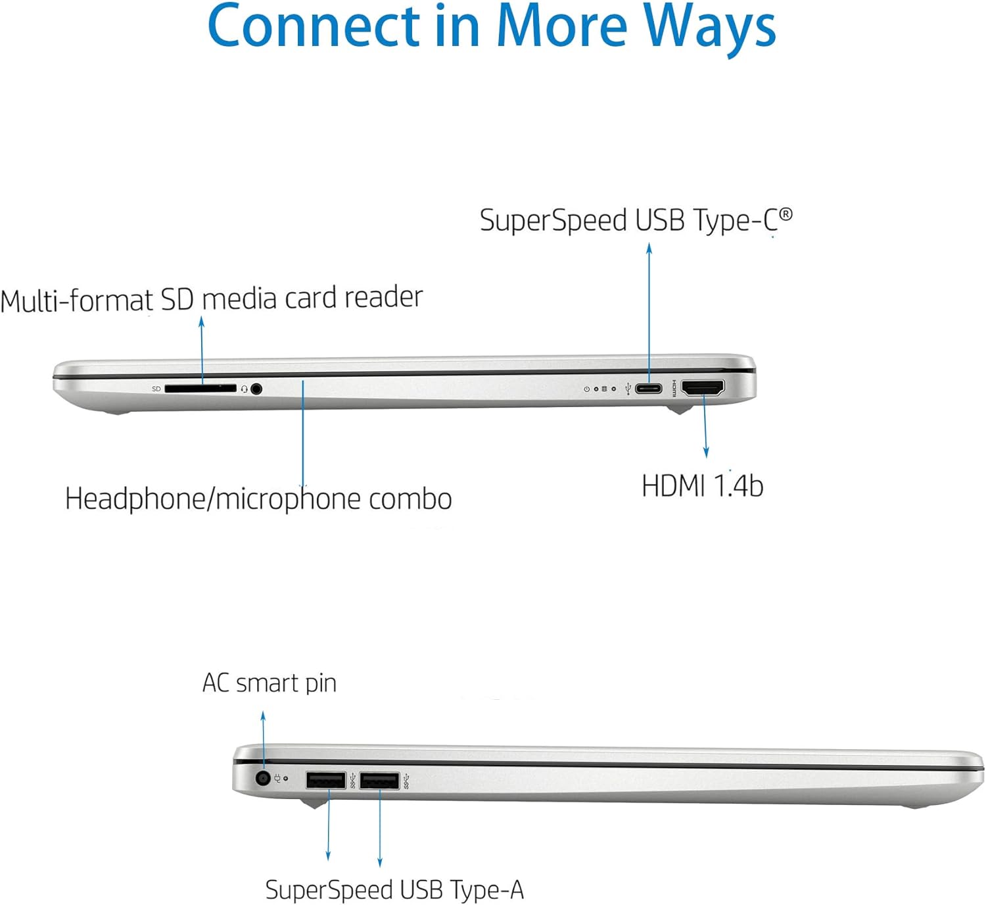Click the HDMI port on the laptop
click(x=703, y=388)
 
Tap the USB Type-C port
click(x=649, y=388)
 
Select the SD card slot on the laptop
click(x=200, y=389)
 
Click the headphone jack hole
click(x=256, y=389)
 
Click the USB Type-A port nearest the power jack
click(x=325, y=781)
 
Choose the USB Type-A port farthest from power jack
click(x=379, y=781)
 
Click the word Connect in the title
click(x=313, y=28)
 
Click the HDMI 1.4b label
click(x=702, y=486)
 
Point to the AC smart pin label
click(x=269, y=683)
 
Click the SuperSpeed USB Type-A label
click(x=394, y=890)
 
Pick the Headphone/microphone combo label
click(x=258, y=499)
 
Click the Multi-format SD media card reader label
click(x=211, y=299)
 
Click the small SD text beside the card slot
click(x=156, y=389)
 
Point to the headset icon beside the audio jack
click(x=244, y=389)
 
